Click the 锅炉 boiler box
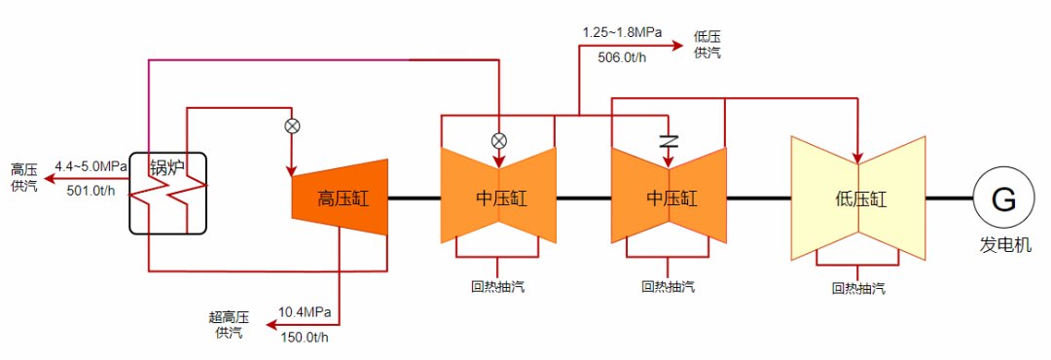click(168, 195)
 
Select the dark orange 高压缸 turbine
click(340, 198)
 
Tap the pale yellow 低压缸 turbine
click(858, 198)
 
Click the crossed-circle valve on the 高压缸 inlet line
click(291, 126)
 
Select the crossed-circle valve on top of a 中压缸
click(499, 140)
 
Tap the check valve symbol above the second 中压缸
click(668, 139)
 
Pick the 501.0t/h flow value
click(91, 190)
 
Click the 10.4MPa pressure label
click(305, 312)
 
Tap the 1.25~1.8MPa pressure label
click(622, 32)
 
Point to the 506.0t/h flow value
click(623, 56)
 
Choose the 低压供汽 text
click(707, 45)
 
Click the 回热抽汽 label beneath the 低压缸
click(858, 288)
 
